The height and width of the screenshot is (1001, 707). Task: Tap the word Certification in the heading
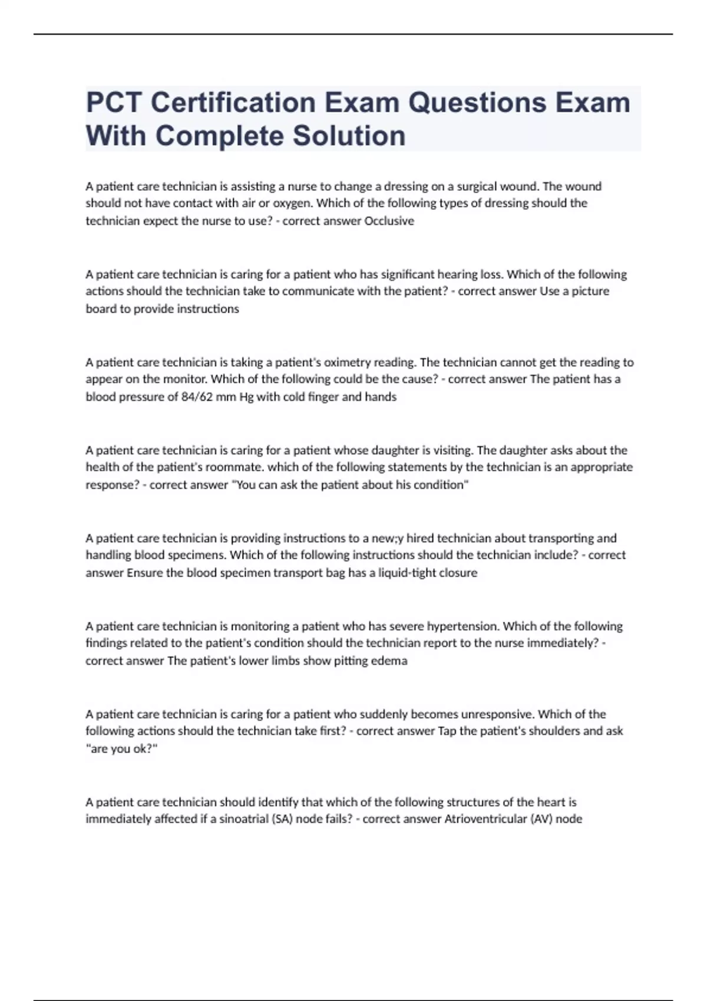click(x=233, y=103)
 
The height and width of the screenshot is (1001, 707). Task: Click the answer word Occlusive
click(x=389, y=221)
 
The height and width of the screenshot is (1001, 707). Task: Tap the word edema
click(x=392, y=661)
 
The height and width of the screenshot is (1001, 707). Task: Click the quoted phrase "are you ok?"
click(x=122, y=749)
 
